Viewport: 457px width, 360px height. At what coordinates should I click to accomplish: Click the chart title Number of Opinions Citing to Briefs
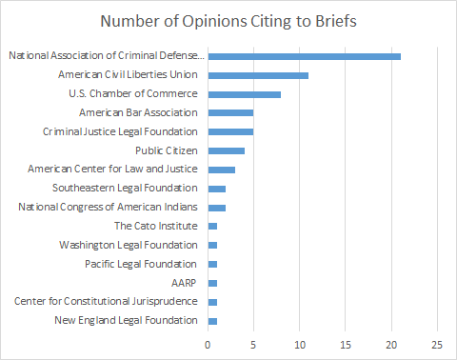pos(228,21)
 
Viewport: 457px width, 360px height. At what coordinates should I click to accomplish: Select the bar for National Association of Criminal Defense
pos(304,56)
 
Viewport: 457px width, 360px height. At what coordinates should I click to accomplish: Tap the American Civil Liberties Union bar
pos(258,74)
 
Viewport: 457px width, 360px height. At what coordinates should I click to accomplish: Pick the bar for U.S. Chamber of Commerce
pos(244,93)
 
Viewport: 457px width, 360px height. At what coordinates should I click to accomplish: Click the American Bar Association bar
pos(230,112)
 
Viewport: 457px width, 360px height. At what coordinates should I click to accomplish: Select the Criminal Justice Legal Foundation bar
pos(230,131)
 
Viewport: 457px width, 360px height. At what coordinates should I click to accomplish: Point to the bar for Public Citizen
pos(226,150)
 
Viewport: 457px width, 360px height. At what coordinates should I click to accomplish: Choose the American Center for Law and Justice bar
pos(221,169)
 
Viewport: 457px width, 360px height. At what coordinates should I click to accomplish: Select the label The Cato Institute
pos(156,226)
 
